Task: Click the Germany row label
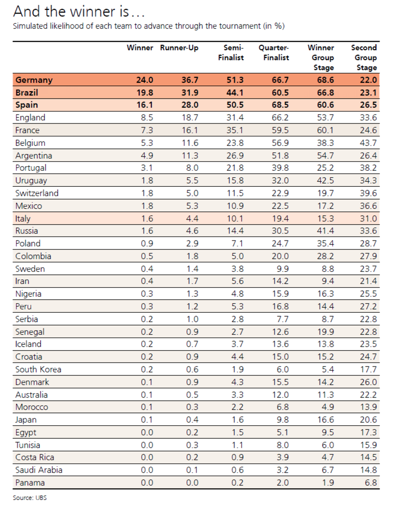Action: click(x=34, y=80)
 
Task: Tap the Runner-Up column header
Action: click(x=179, y=48)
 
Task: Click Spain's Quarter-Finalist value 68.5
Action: click(x=280, y=105)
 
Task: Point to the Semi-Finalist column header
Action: click(x=231, y=53)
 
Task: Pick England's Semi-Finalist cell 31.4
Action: click(x=235, y=118)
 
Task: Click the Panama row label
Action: click(x=30, y=483)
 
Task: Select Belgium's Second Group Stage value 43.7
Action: click(x=368, y=143)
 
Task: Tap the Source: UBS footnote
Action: click(x=30, y=497)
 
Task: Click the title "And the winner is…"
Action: click(x=83, y=11)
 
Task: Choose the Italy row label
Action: click(x=23, y=218)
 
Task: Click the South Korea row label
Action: click(x=38, y=370)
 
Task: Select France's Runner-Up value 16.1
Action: click(x=190, y=130)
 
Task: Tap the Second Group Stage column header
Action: click(x=364, y=57)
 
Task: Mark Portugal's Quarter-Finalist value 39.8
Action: click(x=280, y=168)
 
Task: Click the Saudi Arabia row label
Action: click(x=39, y=470)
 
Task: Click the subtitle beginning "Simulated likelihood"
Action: click(x=149, y=26)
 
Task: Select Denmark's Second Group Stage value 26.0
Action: click(x=368, y=382)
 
